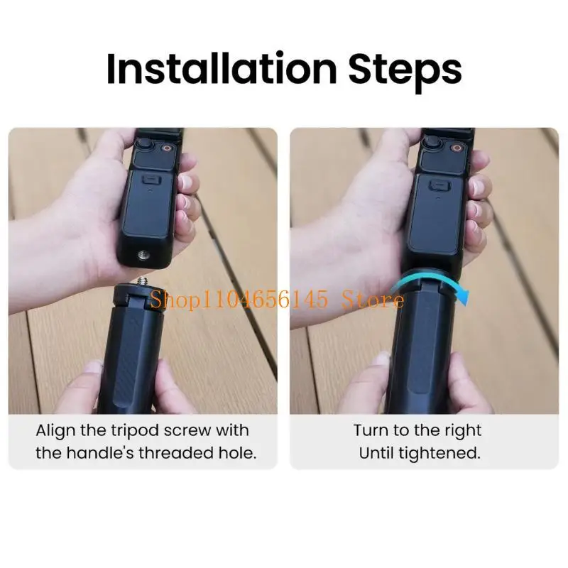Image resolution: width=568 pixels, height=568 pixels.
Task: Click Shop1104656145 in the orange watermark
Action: point(239,301)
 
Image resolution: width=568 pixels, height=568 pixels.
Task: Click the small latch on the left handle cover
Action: point(151,183)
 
